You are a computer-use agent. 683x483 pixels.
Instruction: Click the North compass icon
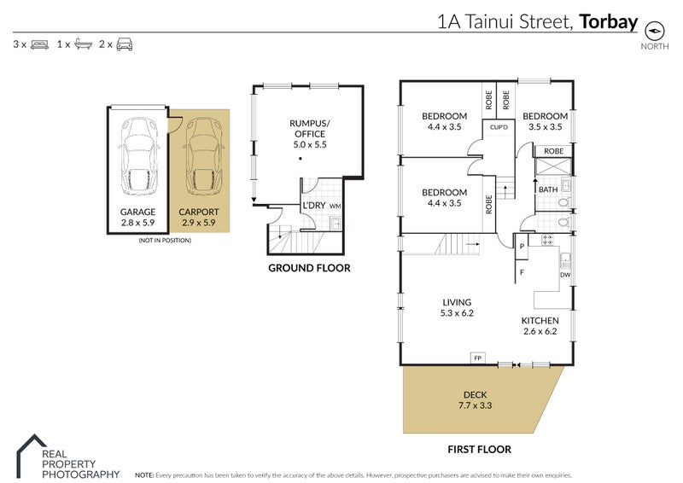[x=656, y=29]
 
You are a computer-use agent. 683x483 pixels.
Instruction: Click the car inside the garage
[x=139, y=154]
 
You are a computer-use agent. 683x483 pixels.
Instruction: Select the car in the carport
[x=201, y=154]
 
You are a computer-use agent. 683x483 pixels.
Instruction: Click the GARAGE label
[x=138, y=212]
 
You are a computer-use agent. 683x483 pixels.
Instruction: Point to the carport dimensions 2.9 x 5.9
[x=198, y=222]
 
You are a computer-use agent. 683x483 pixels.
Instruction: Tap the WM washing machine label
[x=335, y=206]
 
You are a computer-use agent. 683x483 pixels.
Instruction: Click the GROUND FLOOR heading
[x=309, y=268]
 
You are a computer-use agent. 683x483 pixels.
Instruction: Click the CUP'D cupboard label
[x=499, y=128]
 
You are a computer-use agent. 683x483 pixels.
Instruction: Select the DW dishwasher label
[x=564, y=275]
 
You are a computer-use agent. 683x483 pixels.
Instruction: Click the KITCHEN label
[x=540, y=321]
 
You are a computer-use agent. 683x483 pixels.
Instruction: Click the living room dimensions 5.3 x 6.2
[x=457, y=313]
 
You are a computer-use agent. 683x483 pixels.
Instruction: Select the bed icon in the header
[x=39, y=43]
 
